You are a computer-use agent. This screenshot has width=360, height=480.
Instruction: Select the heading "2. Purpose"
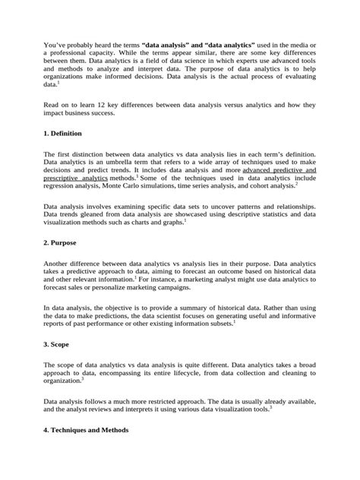[x=62, y=242]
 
